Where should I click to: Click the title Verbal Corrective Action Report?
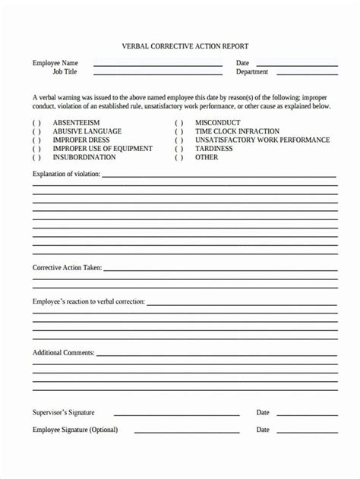click(185, 46)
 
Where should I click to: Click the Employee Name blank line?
click(158, 65)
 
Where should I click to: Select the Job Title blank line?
click(158, 74)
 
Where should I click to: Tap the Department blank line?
click(308, 74)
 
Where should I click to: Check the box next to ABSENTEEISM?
click(36, 123)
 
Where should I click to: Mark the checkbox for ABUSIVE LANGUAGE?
click(36, 131)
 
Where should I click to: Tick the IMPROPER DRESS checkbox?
click(36, 140)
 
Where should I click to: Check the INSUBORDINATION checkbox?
click(36, 158)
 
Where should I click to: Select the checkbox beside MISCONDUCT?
click(179, 123)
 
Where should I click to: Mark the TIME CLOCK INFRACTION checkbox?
click(179, 131)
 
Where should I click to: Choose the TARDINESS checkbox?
click(179, 149)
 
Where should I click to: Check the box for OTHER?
click(179, 158)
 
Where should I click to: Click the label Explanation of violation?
click(66, 175)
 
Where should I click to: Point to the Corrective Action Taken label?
click(67, 268)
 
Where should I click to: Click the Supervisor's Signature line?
click(176, 414)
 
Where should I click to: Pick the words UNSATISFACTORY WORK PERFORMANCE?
click(262, 140)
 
